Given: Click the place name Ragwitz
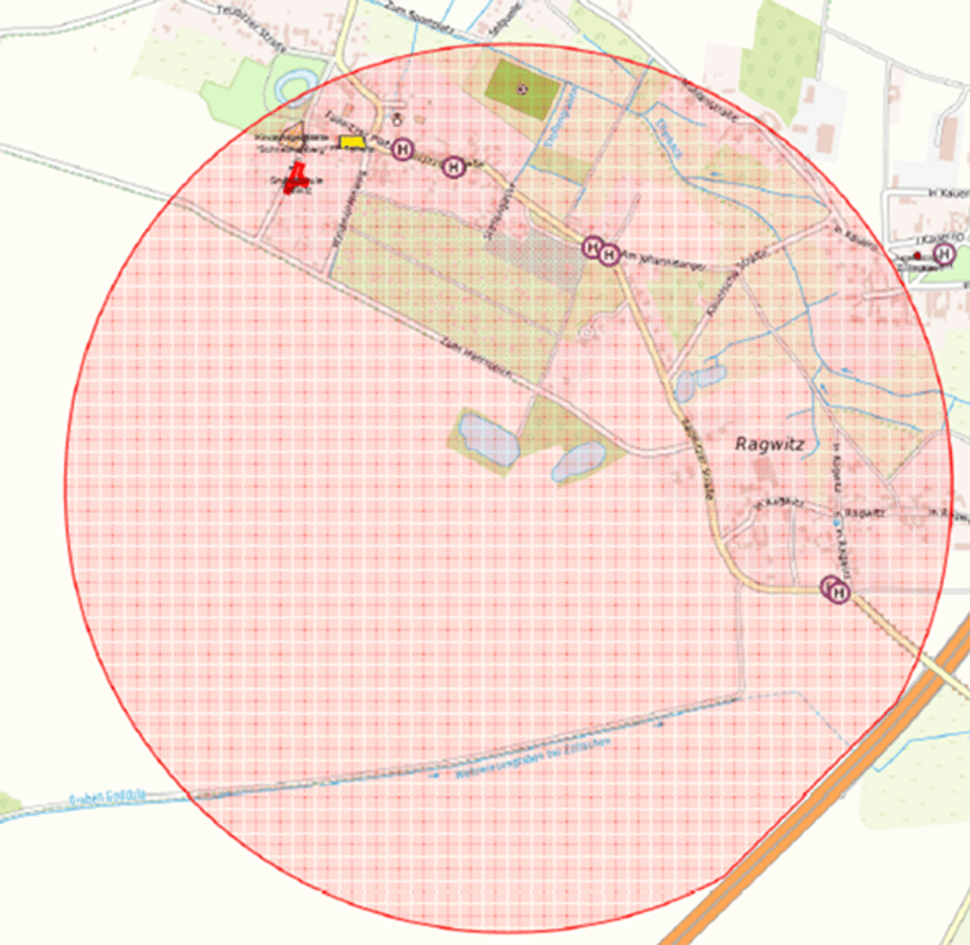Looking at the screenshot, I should tap(769, 443).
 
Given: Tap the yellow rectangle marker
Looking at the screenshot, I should tap(352, 142).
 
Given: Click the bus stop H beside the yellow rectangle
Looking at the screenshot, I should tap(404, 149).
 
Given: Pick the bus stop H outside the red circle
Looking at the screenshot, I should tap(943, 253).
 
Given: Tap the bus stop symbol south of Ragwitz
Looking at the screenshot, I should tap(837, 591).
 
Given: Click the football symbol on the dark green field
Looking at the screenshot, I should tap(521, 89).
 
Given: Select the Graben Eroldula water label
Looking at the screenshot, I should tap(106, 799).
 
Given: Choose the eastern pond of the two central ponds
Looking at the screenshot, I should tap(580, 462).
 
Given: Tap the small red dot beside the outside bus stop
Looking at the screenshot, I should tap(917, 256).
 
